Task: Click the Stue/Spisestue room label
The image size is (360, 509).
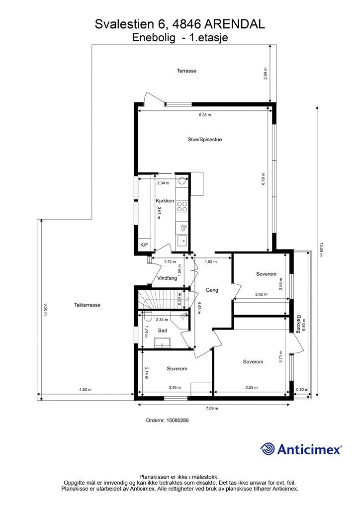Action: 204,140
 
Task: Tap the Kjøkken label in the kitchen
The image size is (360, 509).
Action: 165,201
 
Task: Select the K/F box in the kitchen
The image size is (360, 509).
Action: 144,245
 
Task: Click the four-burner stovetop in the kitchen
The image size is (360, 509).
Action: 182,206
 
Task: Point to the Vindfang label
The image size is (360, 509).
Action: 167,278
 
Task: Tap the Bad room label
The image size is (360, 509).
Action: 163,331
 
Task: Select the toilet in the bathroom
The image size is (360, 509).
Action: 148,316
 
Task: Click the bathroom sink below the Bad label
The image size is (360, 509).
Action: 162,342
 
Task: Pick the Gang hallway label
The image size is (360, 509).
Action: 212,290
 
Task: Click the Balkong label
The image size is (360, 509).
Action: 298,324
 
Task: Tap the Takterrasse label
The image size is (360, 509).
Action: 88,305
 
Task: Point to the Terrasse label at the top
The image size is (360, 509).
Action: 186,71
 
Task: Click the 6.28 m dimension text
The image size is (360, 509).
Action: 204,115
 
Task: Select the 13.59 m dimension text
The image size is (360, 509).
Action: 322,250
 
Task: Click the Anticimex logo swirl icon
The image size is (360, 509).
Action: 268,449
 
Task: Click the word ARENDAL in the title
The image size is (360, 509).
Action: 235,24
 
